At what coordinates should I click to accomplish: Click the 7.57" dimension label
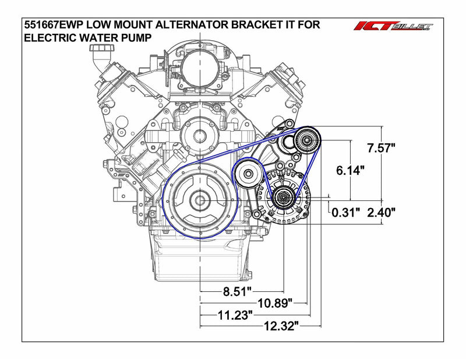tap(382, 148)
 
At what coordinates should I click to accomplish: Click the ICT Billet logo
tap(394, 26)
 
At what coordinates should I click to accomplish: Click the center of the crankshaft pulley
tap(200, 201)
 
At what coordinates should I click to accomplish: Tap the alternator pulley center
tap(284, 199)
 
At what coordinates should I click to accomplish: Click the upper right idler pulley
tap(306, 139)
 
